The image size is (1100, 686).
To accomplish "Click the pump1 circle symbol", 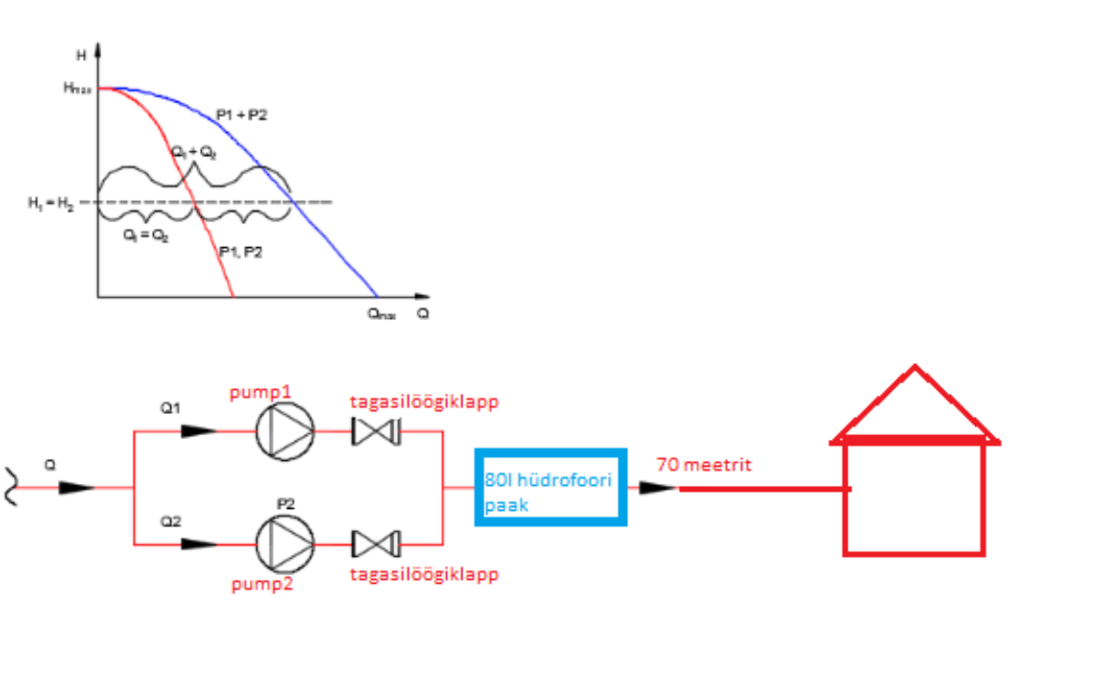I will (x=286, y=431).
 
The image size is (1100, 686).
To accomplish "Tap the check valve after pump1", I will (x=375, y=431).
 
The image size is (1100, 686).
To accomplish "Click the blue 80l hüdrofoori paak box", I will (x=551, y=487).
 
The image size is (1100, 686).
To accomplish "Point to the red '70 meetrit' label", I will (x=703, y=465).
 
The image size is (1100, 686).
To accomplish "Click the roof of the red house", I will (x=914, y=407).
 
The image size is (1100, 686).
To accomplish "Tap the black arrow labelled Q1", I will (x=199, y=431).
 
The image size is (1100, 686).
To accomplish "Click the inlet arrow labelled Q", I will (x=76, y=488).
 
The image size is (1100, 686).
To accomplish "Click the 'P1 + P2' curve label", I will (x=241, y=114).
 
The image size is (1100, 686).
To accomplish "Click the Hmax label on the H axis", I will (x=77, y=88).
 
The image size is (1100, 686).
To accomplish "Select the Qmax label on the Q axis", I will (x=380, y=313).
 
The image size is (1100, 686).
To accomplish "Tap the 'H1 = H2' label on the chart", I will (x=51, y=203).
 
